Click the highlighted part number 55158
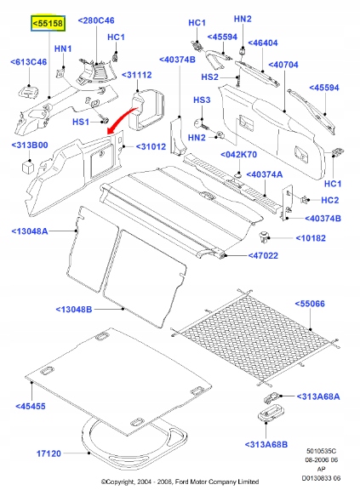[46, 26]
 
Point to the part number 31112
[139, 76]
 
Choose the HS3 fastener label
[201, 100]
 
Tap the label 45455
[32, 407]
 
